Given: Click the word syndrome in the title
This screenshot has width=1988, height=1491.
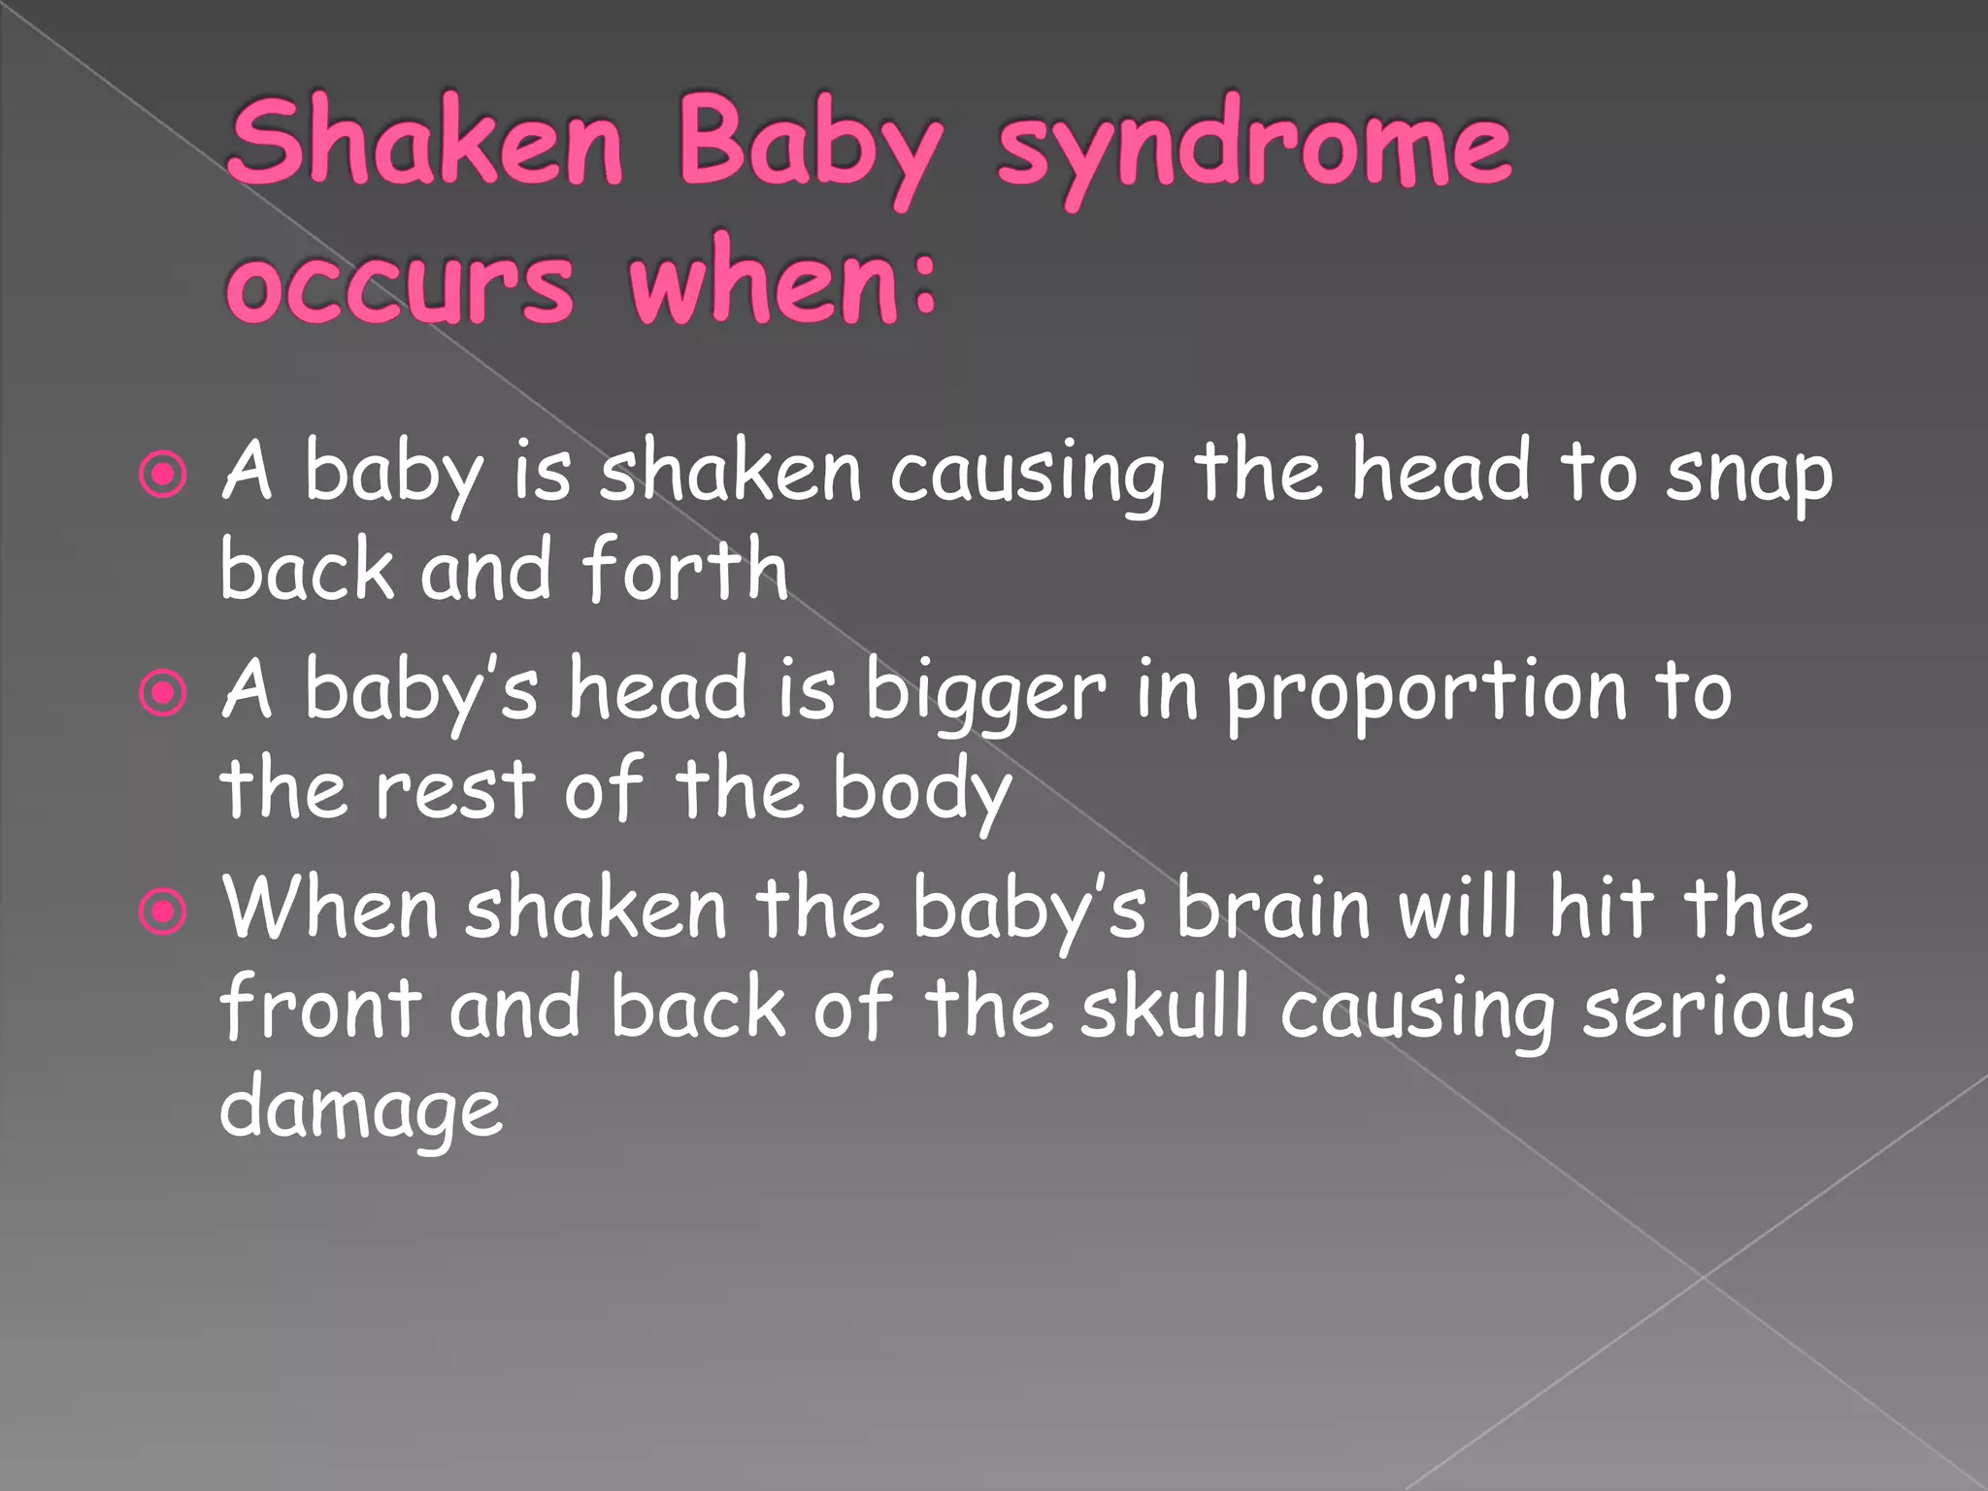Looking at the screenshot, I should point(1253,148).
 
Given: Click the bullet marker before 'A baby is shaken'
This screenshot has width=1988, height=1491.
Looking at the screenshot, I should point(162,476).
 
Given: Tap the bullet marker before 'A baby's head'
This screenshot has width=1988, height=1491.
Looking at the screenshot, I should point(162,694).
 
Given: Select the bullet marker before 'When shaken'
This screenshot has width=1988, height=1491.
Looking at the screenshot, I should point(162,912).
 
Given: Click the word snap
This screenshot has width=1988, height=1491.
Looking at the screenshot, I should point(1748,476).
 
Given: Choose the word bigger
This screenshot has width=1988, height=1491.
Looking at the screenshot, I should point(984,693).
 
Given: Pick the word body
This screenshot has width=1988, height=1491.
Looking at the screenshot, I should point(922,790).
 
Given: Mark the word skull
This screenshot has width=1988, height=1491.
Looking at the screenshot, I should point(1165,1008).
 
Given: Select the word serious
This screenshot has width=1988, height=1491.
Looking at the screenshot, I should point(1718,1010).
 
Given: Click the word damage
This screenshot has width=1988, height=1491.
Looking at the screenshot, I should point(361,1109).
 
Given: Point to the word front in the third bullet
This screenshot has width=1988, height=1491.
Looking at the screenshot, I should point(320,1008).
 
